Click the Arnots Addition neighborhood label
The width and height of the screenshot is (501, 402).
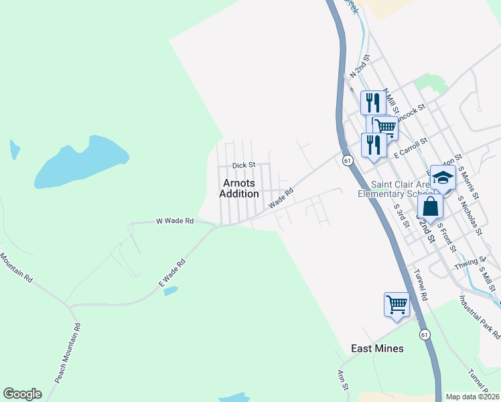coord(239,188)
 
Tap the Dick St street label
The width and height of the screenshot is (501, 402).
coord(244,165)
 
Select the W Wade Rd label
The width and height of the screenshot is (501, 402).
coord(175,220)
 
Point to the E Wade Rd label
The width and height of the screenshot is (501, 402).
coord(171,275)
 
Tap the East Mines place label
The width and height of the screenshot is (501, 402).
coord(378,348)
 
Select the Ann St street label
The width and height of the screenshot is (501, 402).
coord(342,380)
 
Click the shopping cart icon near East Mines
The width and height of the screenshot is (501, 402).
coord(397,304)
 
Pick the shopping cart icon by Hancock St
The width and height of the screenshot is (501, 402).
coord(384,126)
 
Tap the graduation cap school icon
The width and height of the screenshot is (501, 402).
coord(443,178)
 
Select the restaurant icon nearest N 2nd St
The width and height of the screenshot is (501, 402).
coord(373,103)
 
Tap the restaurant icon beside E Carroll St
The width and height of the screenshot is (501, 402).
coord(373,145)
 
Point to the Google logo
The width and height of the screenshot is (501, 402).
coord(22,393)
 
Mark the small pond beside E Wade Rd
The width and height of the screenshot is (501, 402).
coord(171,291)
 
